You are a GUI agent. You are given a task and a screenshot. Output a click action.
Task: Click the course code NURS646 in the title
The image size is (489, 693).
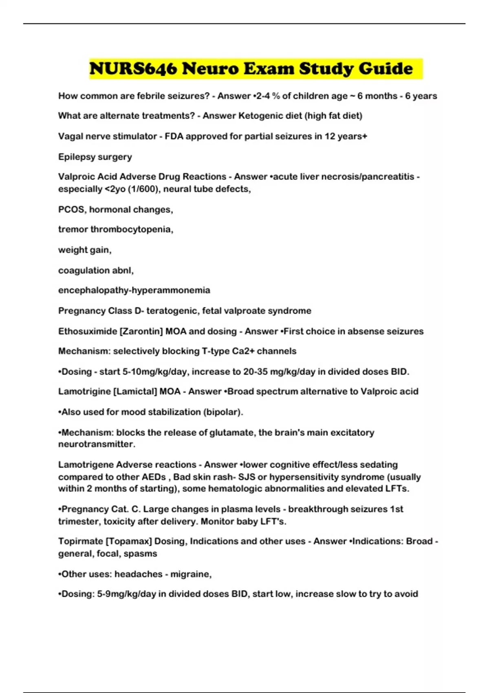tap(133, 68)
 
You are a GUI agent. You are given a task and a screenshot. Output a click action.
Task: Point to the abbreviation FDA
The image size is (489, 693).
tap(174, 136)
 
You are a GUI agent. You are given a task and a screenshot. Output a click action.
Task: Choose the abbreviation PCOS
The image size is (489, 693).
tap(72, 210)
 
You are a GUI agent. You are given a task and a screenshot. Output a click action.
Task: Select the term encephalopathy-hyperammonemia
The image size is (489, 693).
tap(134, 290)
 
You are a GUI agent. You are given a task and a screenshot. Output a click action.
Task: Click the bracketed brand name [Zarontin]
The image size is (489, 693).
tap(141, 331)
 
